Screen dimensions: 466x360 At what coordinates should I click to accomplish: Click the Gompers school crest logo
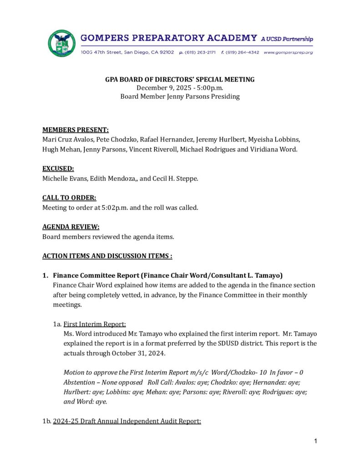pos(61,43)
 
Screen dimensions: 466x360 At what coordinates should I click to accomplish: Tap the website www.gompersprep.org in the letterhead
pos(288,53)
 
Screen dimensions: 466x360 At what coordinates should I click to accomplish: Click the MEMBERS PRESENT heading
pos(76,130)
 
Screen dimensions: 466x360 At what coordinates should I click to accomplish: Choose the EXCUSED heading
pos(58,169)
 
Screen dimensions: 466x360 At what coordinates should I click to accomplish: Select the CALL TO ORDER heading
pos(69,198)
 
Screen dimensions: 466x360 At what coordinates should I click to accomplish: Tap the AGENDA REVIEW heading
pos(71,227)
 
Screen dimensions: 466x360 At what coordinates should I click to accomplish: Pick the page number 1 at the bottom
pos(315,441)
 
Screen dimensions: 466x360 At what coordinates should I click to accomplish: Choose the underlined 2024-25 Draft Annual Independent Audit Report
pos(127,421)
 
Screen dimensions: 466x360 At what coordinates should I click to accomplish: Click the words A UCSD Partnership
pos(287,39)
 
